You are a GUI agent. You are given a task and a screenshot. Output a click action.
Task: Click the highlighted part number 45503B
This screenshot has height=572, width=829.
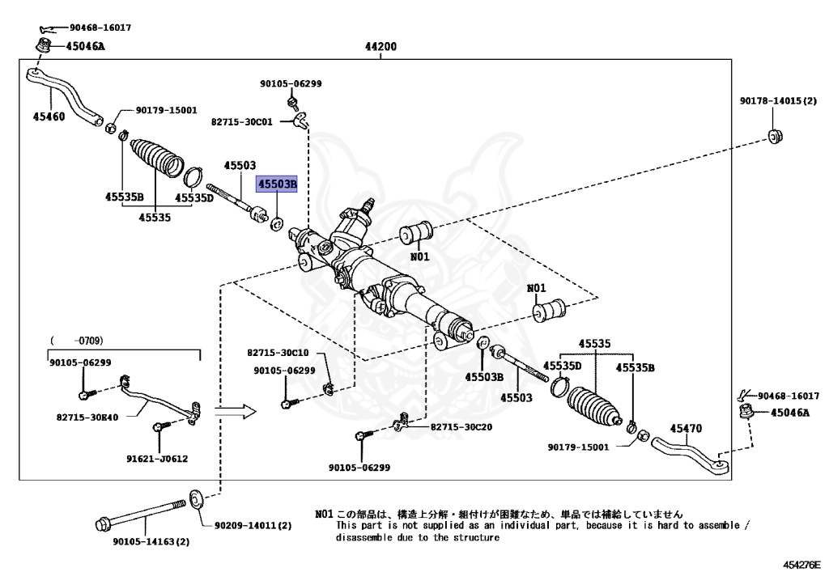point(278,184)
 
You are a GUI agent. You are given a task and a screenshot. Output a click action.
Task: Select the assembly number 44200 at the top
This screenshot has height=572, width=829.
point(380,47)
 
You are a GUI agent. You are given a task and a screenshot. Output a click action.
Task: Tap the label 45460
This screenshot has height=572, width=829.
point(49,117)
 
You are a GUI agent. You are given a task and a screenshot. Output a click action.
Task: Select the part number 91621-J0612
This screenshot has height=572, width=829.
point(157,459)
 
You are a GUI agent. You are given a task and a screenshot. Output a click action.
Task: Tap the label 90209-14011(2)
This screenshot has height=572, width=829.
point(253,525)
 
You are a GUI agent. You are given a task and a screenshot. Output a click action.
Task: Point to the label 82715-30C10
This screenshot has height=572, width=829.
point(278,353)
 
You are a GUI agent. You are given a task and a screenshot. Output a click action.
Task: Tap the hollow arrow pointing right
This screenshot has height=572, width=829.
point(239,412)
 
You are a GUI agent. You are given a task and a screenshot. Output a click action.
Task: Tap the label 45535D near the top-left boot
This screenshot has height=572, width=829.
point(194,197)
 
